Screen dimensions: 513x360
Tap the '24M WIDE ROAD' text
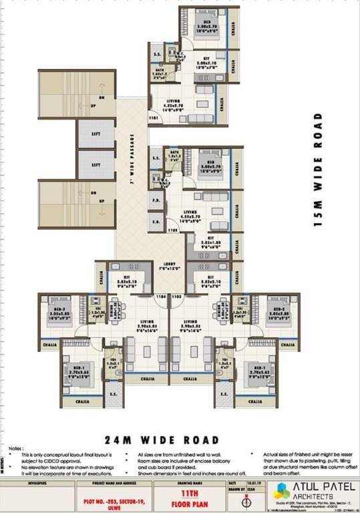tap(162, 440)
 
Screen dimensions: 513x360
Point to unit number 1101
tap(153, 118)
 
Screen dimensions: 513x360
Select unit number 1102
tap(177, 295)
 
